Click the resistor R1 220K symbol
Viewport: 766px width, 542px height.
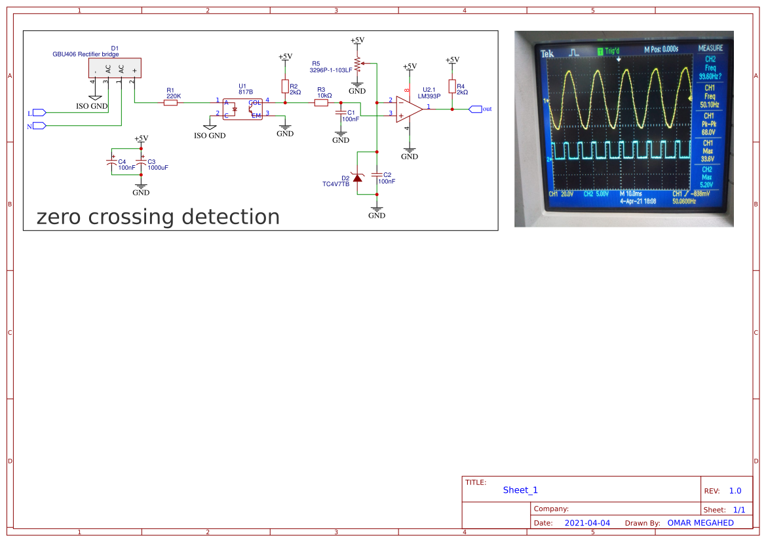coord(170,102)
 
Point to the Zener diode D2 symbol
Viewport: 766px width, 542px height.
coord(357,177)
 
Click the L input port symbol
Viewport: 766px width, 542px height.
coord(38,113)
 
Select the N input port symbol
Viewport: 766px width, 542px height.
coord(38,125)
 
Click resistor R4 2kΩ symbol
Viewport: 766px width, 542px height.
coord(451,87)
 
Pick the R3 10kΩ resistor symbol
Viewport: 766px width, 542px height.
coord(321,102)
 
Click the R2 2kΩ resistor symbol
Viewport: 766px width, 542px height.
coord(285,87)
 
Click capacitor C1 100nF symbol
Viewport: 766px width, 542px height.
coord(341,115)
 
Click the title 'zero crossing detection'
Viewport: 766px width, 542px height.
coord(158,217)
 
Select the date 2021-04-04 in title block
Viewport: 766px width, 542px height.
coord(586,523)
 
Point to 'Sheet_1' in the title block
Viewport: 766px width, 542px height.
coord(520,490)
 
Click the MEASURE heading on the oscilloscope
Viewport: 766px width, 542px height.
coord(710,48)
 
